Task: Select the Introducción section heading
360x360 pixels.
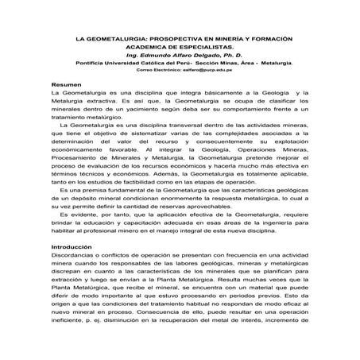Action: click(x=72, y=247)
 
